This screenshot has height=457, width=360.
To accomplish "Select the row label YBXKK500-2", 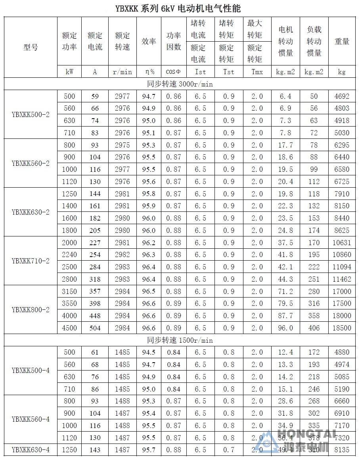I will pos(31,115).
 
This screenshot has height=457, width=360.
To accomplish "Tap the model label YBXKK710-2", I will pos(31,261).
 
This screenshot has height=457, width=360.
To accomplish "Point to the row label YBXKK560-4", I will pos(31,419).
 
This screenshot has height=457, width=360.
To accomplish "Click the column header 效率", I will pos(149,41).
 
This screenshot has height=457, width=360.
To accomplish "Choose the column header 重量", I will pos(342,41).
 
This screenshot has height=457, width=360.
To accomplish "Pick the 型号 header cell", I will pos(31,47).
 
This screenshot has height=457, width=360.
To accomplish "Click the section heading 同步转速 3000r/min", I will pos(180,84).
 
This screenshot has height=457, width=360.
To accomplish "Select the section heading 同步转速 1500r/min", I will pos(180,340).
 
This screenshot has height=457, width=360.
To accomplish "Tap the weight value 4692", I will pos(342,96).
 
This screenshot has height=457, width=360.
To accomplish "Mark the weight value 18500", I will pos(342,328).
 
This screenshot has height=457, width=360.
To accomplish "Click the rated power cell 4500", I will pos(69,328).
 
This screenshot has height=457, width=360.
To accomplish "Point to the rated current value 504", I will pos(95,328).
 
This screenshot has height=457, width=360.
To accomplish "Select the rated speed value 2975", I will pos(122,145).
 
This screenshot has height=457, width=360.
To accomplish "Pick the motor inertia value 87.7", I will pos(285,316).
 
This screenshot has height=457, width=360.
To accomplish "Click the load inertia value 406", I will pos(314,328).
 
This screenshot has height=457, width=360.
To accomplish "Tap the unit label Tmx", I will pos(257,72).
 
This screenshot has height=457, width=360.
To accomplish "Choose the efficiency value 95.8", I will pos(149,194).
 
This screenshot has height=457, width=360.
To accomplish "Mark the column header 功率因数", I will pos(174,41).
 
